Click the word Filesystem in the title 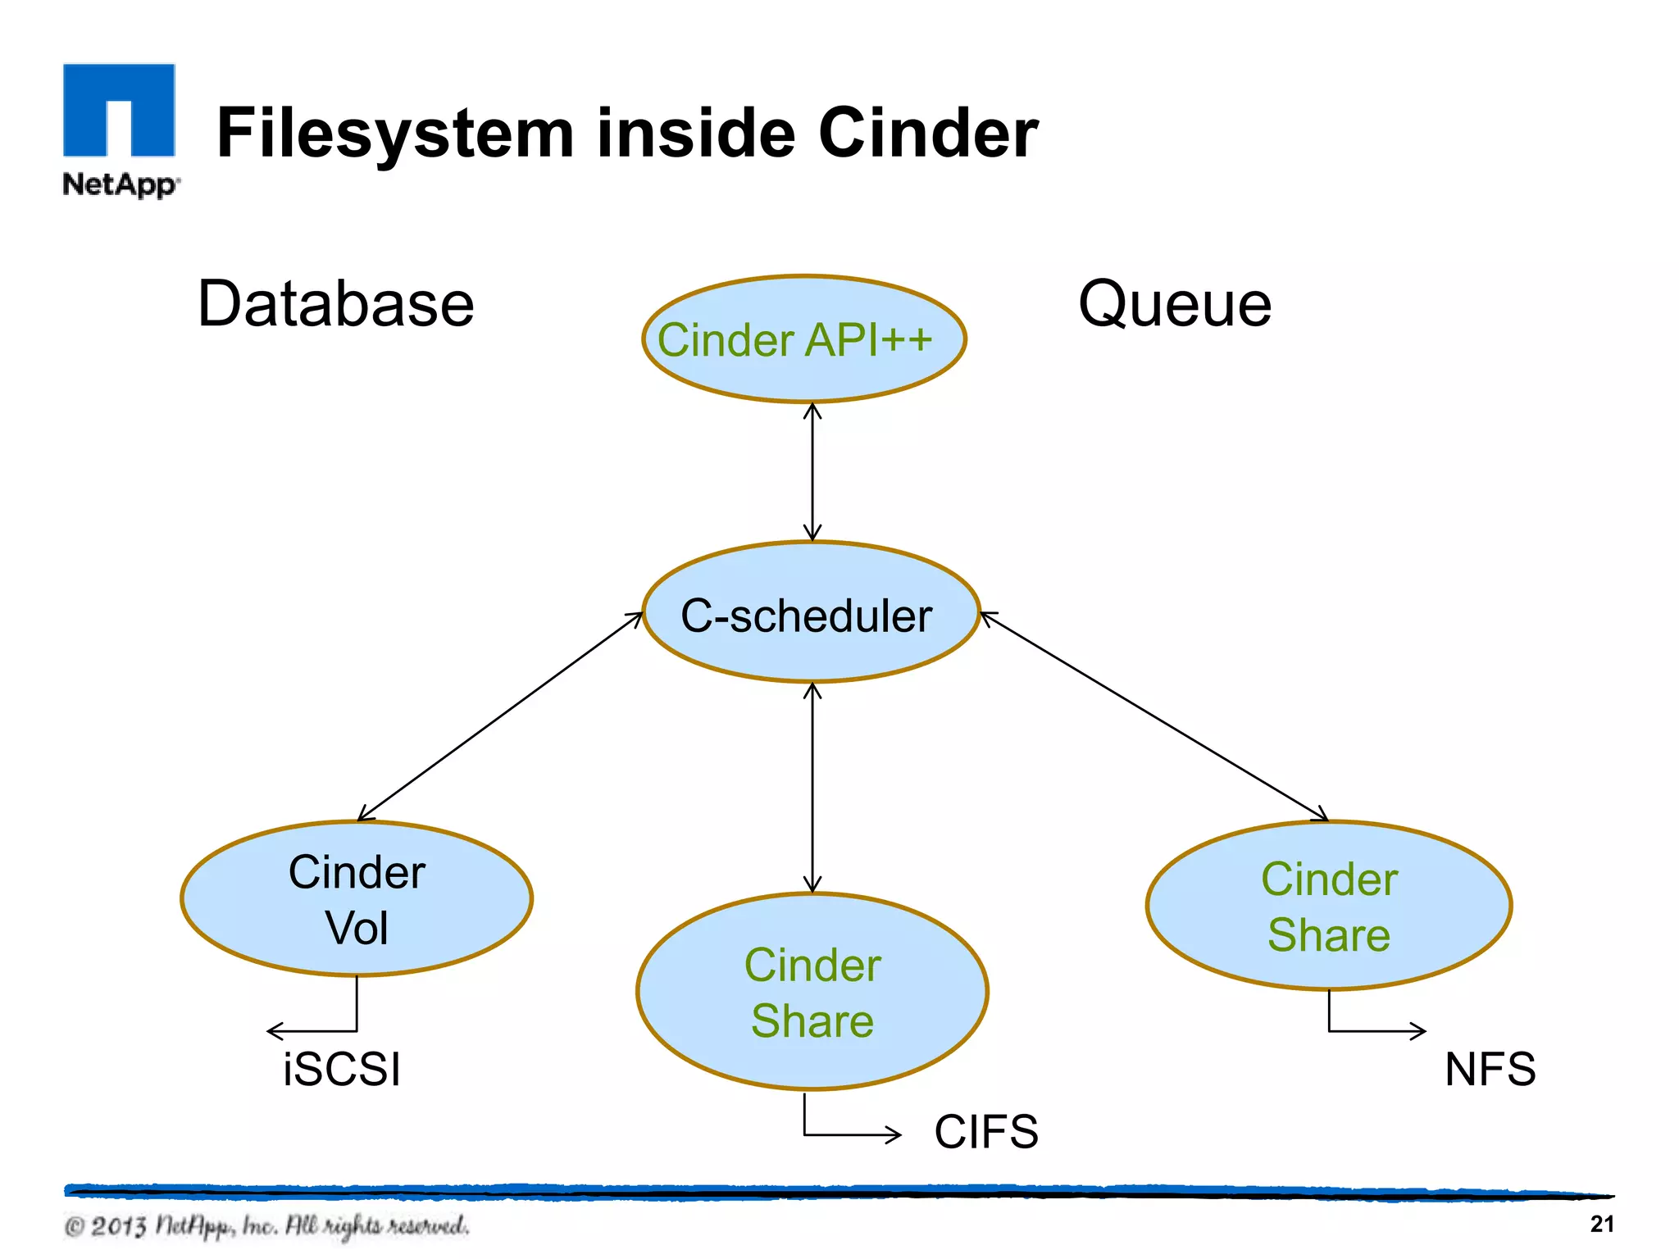tap(394, 134)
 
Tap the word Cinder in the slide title tap(928, 134)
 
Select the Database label tap(336, 304)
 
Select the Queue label tap(1174, 304)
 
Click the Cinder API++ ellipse tap(803, 339)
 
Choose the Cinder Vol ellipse tap(357, 899)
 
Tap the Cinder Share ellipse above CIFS tap(812, 992)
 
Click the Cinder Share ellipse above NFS tap(1328, 906)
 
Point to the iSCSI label tap(342, 1069)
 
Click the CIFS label tap(986, 1132)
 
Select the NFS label tap(1490, 1069)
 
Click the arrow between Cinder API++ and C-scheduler tap(812, 471)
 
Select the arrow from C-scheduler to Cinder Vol tap(500, 716)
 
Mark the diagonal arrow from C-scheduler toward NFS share tap(1154, 716)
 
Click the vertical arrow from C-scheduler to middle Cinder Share tap(812, 787)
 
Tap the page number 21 tap(1601, 1224)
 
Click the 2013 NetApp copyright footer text tap(266, 1225)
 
